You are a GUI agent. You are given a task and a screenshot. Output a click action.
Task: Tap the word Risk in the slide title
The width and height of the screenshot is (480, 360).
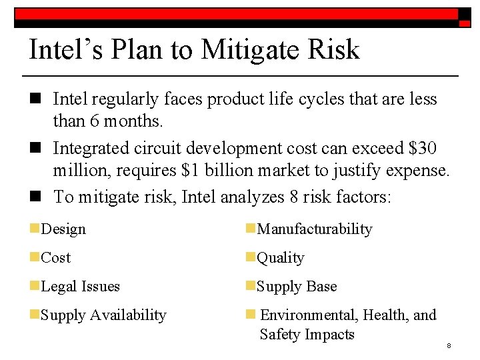[334, 50]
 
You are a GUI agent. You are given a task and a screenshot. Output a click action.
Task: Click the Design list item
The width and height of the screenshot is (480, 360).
[63, 229]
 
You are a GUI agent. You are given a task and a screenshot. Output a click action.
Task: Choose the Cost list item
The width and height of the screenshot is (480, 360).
[55, 258]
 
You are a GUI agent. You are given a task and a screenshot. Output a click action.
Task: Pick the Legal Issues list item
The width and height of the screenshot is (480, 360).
[80, 287]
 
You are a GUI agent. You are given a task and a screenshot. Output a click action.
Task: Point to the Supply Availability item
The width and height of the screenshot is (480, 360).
[103, 315]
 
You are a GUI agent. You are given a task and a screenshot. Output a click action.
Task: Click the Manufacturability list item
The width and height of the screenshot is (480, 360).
[315, 229]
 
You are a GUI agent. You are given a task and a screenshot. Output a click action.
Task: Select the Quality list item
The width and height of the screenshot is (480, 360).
[281, 258]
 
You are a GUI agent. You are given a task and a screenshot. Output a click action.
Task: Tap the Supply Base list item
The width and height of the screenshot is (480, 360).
[297, 287]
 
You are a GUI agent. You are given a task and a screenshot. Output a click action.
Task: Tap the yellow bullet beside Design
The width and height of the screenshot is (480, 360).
[34, 229]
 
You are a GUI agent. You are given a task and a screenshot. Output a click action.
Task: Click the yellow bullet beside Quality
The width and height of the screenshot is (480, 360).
[250, 257]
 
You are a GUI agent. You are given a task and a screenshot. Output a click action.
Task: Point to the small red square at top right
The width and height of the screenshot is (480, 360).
[465, 23]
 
